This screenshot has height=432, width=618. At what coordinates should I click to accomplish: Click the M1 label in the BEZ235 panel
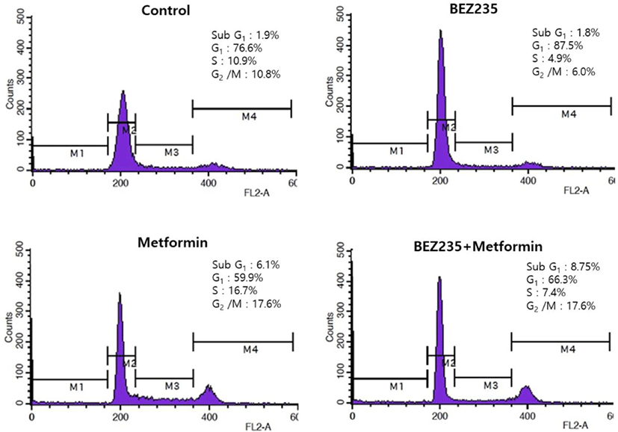[397, 150]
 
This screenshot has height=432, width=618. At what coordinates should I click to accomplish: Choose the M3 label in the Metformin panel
[172, 386]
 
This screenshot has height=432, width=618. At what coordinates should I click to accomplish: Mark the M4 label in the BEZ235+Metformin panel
[569, 349]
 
